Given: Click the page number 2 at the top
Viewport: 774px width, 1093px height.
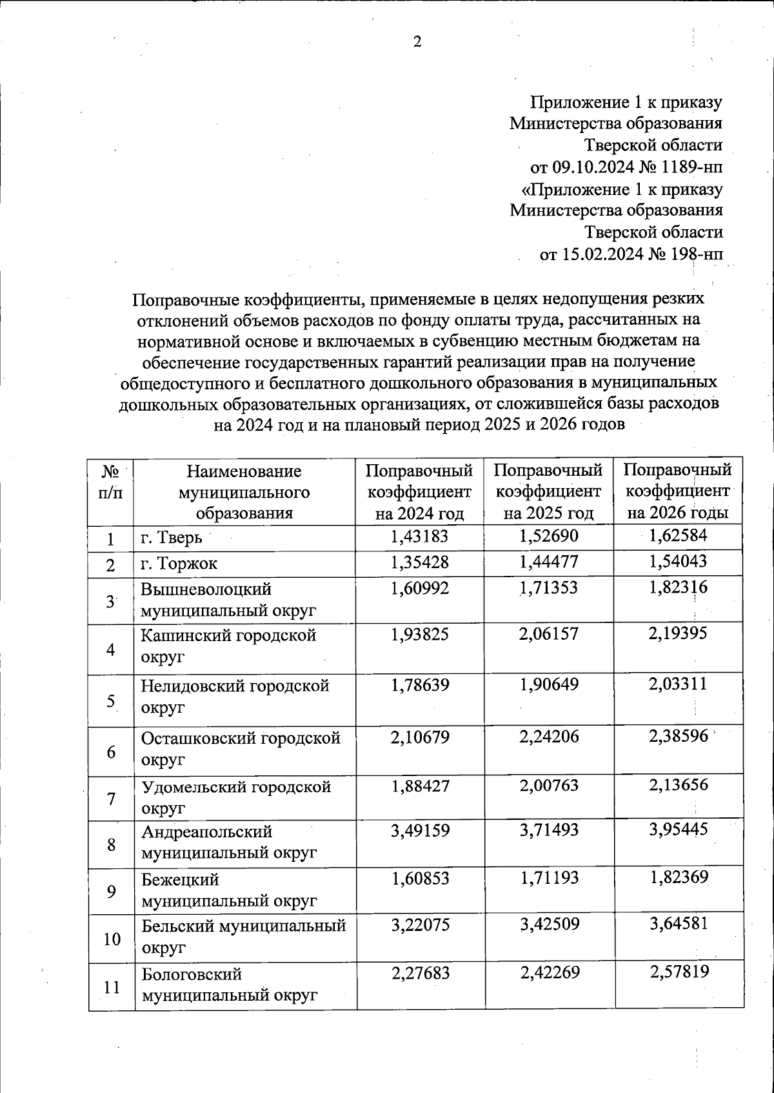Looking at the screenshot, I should coord(417,43).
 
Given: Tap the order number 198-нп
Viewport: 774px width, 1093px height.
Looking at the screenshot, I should coord(697,254).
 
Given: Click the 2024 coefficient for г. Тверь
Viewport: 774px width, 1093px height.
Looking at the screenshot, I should coord(419,536).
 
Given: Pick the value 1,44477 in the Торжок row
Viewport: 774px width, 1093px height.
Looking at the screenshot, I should coord(549,562).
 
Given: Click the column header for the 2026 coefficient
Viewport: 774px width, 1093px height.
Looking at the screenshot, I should coord(678,491).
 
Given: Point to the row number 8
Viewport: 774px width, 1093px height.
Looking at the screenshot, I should coord(112,844).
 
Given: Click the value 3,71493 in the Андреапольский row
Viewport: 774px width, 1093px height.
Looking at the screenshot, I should coord(549,830).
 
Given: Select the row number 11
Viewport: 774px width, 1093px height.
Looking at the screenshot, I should coord(112,986).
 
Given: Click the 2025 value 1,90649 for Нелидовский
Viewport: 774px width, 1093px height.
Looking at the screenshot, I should coord(549,684).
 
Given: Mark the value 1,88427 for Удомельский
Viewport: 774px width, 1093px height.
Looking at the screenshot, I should coord(419,786).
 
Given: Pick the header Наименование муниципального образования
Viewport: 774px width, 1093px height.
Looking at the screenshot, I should coord(244,491).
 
